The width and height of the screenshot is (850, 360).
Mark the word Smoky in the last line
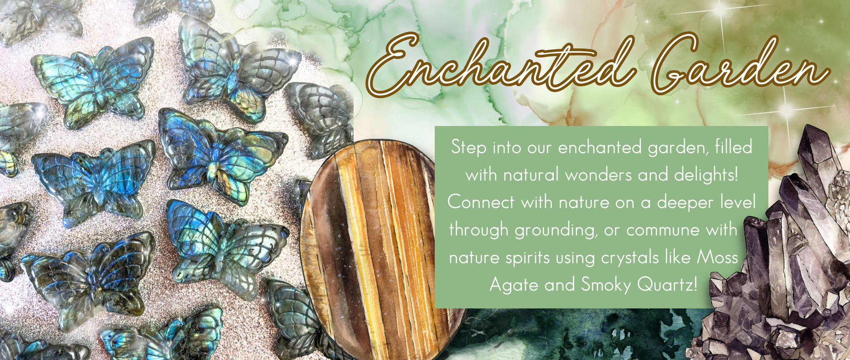606,285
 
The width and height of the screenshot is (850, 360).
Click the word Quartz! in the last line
667,284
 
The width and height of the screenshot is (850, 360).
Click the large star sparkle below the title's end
787,110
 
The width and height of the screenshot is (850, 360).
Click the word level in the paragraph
738,202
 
